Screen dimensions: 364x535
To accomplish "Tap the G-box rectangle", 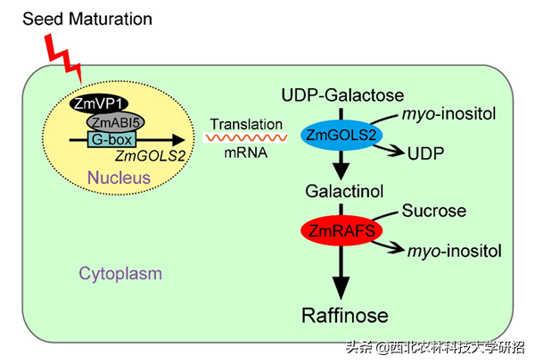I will [108, 139].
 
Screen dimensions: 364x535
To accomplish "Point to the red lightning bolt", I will [62, 54].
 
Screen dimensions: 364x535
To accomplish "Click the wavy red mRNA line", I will [245, 138].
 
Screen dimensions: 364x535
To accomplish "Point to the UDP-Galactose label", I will [343, 95].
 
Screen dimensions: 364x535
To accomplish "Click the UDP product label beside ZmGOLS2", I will [424, 153].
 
